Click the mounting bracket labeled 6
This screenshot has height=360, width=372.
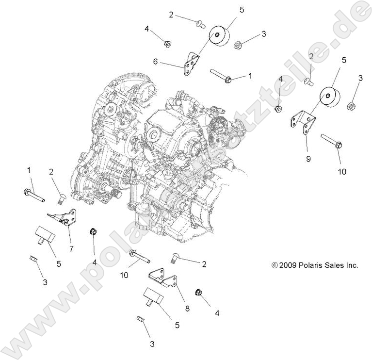[x=191, y=64]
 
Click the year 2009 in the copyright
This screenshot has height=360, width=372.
[x=288, y=265]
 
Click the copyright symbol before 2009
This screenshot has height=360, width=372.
[x=275, y=265]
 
